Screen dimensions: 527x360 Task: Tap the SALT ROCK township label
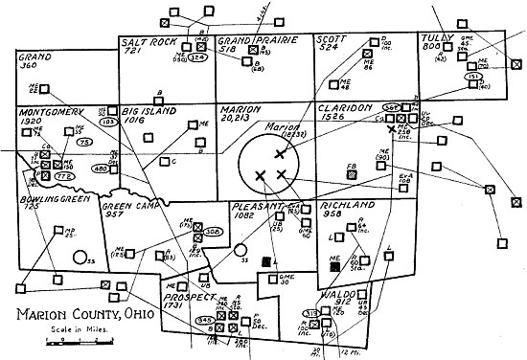click(x=147, y=43)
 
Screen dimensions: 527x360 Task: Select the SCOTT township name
click(x=330, y=40)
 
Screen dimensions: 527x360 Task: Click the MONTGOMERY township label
click(x=53, y=111)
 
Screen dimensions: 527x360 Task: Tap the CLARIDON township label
click(x=344, y=112)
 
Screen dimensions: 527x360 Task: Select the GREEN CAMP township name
click(x=129, y=205)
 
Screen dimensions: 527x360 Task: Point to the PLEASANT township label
click(x=256, y=207)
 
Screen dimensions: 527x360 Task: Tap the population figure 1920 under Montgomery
click(x=34, y=123)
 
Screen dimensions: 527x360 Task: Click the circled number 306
click(x=214, y=232)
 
